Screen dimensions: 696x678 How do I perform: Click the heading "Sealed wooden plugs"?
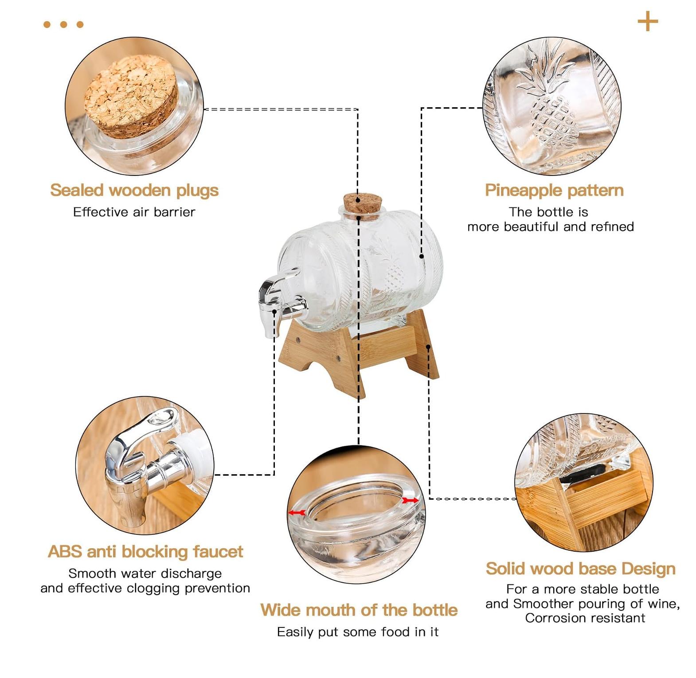click(134, 191)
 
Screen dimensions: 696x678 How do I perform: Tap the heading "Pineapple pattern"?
click(554, 191)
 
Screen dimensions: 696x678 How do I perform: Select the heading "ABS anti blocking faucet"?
click(145, 552)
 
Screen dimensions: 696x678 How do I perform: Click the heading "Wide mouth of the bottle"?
click(359, 610)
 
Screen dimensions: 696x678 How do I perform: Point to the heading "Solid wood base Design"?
click(580, 569)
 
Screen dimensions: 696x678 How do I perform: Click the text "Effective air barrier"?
click(134, 212)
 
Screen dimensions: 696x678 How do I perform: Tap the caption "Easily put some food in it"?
click(358, 632)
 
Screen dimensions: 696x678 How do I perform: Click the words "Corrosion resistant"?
click(585, 618)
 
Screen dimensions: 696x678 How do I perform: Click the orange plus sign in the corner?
click(648, 22)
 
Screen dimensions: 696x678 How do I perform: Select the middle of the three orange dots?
click(63, 24)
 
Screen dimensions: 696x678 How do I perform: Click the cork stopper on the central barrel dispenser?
click(363, 206)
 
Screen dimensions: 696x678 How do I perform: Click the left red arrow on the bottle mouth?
click(297, 513)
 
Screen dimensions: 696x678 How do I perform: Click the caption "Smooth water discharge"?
click(145, 573)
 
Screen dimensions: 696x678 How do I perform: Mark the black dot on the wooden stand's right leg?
click(428, 347)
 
